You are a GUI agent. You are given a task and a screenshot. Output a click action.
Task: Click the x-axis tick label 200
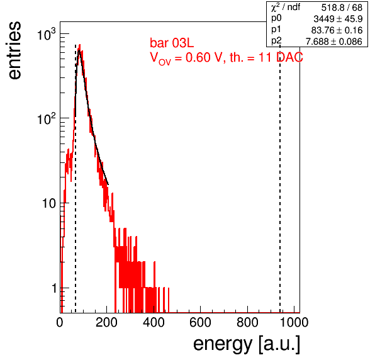(x=106, y=323)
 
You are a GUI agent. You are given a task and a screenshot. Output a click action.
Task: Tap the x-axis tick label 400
(x=154, y=323)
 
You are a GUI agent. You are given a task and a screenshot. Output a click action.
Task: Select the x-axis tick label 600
(x=201, y=323)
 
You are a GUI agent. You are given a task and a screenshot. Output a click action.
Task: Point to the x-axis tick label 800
(x=247, y=323)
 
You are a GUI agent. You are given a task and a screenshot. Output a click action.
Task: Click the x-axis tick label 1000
(x=294, y=323)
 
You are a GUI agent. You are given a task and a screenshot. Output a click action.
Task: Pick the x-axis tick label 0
(x=60, y=323)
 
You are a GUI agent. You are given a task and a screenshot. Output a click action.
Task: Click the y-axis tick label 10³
(x=47, y=35)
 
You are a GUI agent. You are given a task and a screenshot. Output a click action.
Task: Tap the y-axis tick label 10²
(x=47, y=119)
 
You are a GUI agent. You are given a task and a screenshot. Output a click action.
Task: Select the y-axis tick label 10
(x=49, y=203)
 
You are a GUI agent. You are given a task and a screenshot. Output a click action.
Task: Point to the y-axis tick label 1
(x=54, y=288)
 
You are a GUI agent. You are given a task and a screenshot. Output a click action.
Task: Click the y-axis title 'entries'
(x=15, y=50)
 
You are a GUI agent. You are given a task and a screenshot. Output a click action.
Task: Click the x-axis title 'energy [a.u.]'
(x=247, y=345)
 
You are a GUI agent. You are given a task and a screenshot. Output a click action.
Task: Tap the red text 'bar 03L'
(x=172, y=43)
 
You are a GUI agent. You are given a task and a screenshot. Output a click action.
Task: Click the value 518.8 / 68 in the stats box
(x=342, y=8)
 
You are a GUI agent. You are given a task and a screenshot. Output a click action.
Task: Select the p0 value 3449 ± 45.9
(x=338, y=19)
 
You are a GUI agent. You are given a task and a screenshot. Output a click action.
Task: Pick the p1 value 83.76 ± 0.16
(x=337, y=30)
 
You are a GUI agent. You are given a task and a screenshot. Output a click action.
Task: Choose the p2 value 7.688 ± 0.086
(x=334, y=42)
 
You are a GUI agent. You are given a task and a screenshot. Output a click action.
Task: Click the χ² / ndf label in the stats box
(x=286, y=8)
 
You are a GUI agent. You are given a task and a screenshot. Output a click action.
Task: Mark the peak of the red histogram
(x=80, y=45)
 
